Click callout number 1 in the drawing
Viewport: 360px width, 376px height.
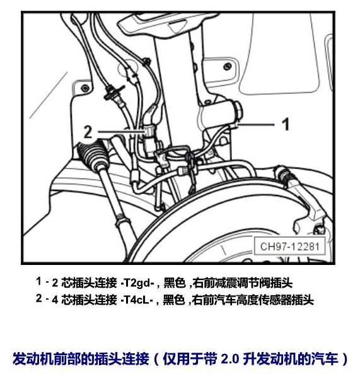pyautogui.click(x=286, y=124)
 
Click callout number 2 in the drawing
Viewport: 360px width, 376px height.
pyautogui.click(x=88, y=132)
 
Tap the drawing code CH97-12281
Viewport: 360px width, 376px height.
pyautogui.click(x=289, y=246)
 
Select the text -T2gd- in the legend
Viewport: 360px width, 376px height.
pyautogui.click(x=137, y=283)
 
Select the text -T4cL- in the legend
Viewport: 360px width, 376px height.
pyautogui.click(x=137, y=300)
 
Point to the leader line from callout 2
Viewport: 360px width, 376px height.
pyautogui.click(x=121, y=131)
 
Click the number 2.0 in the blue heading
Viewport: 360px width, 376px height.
pyautogui.click(x=229, y=359)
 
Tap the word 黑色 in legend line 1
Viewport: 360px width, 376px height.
pyautogui.click(x=174, y=283)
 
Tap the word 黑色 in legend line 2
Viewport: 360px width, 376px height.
pyautogui.click(x=174, y=300)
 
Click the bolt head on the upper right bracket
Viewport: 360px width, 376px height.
pyautogui.click(x=227, y=66)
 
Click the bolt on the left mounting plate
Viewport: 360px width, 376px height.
pyautogui.click(x=84, y=88)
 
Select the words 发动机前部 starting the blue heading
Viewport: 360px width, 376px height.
pyautogui.click(x=40, y=359)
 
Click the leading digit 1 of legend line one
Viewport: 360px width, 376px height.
pyautogui.click(x=39, y=281)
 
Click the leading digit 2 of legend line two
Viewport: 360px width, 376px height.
pyautogui.click(x=39, y=298)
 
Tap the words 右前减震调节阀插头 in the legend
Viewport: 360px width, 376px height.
pyautogui.click(x=243, y=283)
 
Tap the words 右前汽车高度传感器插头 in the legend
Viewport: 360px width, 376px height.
pyautogui.click(x=253, y=300)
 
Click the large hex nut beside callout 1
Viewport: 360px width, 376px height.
pyautogui.click(x=238, y=111)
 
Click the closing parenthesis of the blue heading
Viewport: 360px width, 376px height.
pyautogui.click(x=345, y=359)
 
